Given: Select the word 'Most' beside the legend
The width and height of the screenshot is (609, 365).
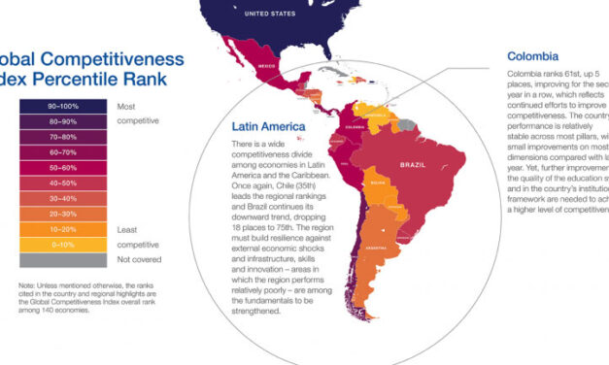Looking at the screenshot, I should click(x=126, y=105).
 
